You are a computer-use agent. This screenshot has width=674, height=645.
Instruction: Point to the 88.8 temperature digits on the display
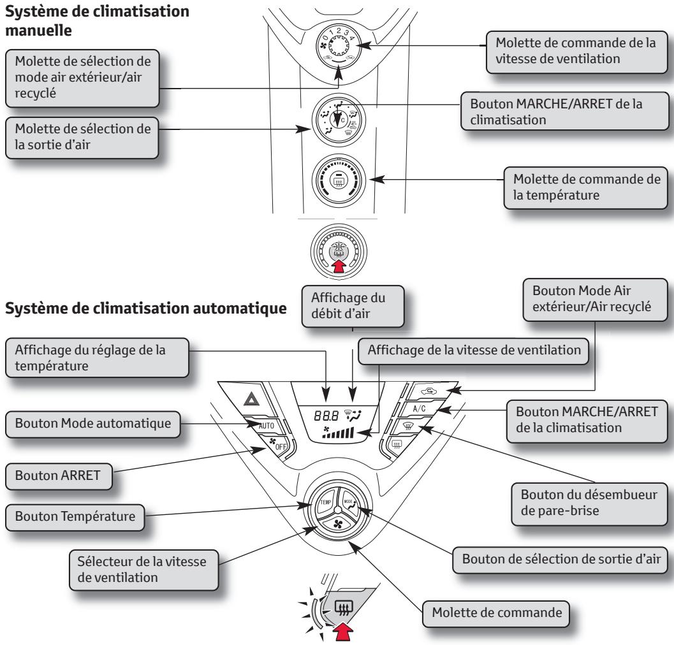click(x=318, y=413)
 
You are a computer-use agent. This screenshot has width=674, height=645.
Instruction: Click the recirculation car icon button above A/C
click(x=423, y=392)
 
